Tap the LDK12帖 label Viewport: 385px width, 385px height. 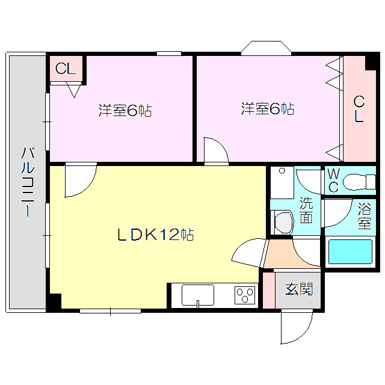[x=155, y=235]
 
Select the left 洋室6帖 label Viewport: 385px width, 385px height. [x=125, y=111]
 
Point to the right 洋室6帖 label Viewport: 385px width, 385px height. [x=268, y=109]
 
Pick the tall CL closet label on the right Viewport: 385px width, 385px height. [x=359, y=109]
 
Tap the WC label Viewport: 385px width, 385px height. [x=333, y=180]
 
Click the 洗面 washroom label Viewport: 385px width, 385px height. [x=306, y=210]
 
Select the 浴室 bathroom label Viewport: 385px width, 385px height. [x=365, y=216]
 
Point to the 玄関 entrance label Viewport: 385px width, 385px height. [x=298, y=289]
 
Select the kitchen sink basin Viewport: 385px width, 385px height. [x=197, y=295]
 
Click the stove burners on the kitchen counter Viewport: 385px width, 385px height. [x=245, y=295]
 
